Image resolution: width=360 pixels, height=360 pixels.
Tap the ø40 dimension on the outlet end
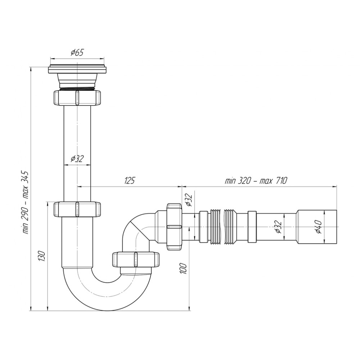click(x=318, y=226)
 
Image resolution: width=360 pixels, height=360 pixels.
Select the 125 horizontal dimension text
click(x=129, y=181)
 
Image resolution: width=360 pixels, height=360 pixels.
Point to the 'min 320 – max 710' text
click(x=256, y=181)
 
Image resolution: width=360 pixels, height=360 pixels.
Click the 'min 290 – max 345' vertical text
click(x=25, y=202)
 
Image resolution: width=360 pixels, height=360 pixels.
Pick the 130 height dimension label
click(x=42, y=256)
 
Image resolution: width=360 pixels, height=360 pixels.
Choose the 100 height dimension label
click(x=184, y=268)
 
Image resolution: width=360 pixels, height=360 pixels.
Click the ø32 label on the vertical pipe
click(x=77, y=159)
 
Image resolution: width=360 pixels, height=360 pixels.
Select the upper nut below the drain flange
click(x=77, y=98)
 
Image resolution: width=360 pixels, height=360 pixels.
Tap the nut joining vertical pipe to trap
click(x=77, y=209)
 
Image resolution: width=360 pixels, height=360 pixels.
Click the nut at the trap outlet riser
click(x=136, y=260)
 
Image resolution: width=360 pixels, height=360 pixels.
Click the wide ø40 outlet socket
click(x=316, y=226)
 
